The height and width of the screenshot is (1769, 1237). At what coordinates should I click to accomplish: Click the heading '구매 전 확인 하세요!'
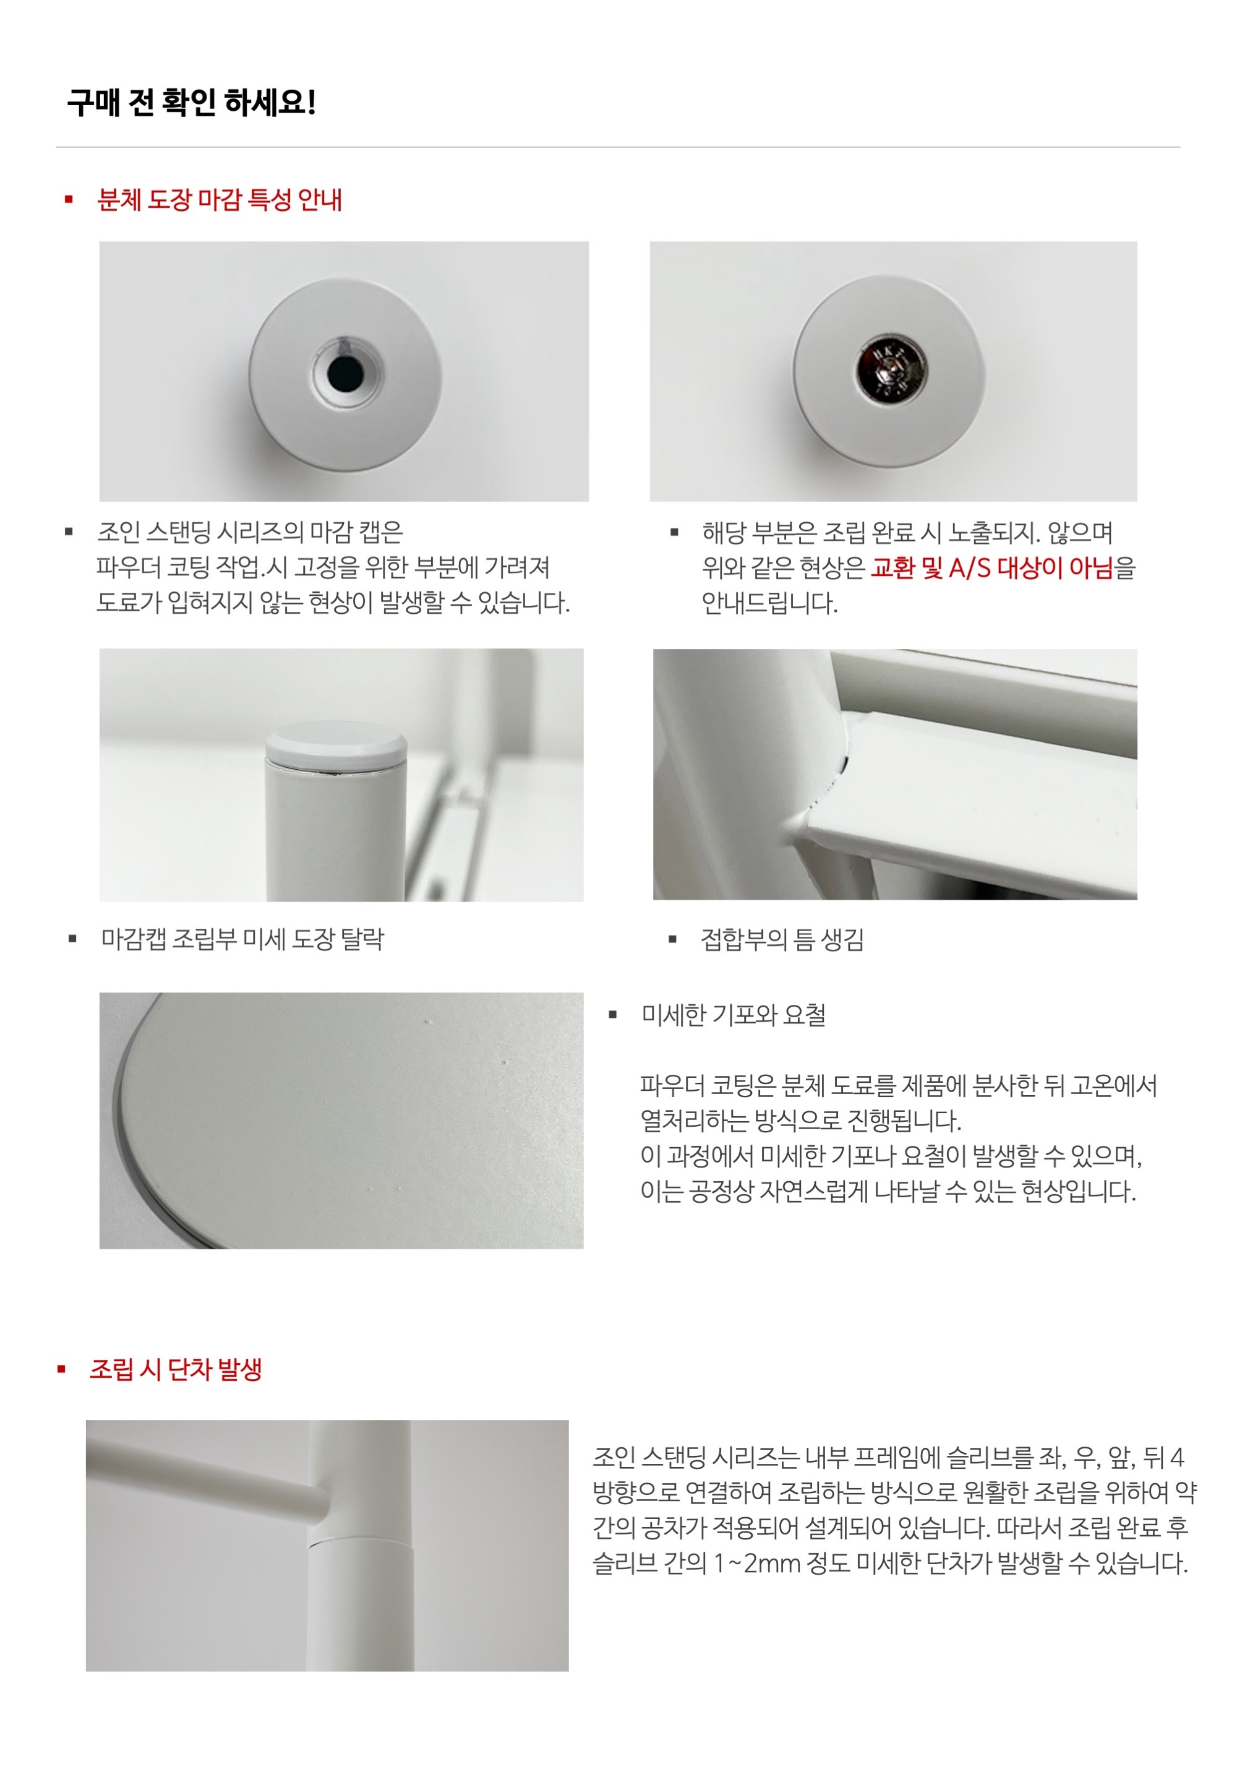point(191,103)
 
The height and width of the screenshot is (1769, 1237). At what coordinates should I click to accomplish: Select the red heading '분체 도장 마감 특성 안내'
point(220,200)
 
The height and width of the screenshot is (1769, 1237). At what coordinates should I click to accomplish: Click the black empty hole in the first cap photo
point(345,373)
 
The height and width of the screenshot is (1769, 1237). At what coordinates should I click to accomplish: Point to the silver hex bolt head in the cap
point(892,370)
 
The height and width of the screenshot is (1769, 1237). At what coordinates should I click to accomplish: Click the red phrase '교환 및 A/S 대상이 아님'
point(993,568)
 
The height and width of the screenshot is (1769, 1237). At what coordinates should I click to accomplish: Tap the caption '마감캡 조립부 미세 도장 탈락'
point(242,939)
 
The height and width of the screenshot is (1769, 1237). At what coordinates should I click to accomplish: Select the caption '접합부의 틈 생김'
point(782,939)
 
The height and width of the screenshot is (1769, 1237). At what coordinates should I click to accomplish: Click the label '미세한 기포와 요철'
point(734,1015)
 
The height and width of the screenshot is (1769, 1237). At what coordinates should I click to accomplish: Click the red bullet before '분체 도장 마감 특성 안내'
point(69,200)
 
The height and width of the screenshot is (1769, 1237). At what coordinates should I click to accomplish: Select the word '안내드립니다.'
point(769,603)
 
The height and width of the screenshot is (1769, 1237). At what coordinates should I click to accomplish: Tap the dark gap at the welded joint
point(844,765)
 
